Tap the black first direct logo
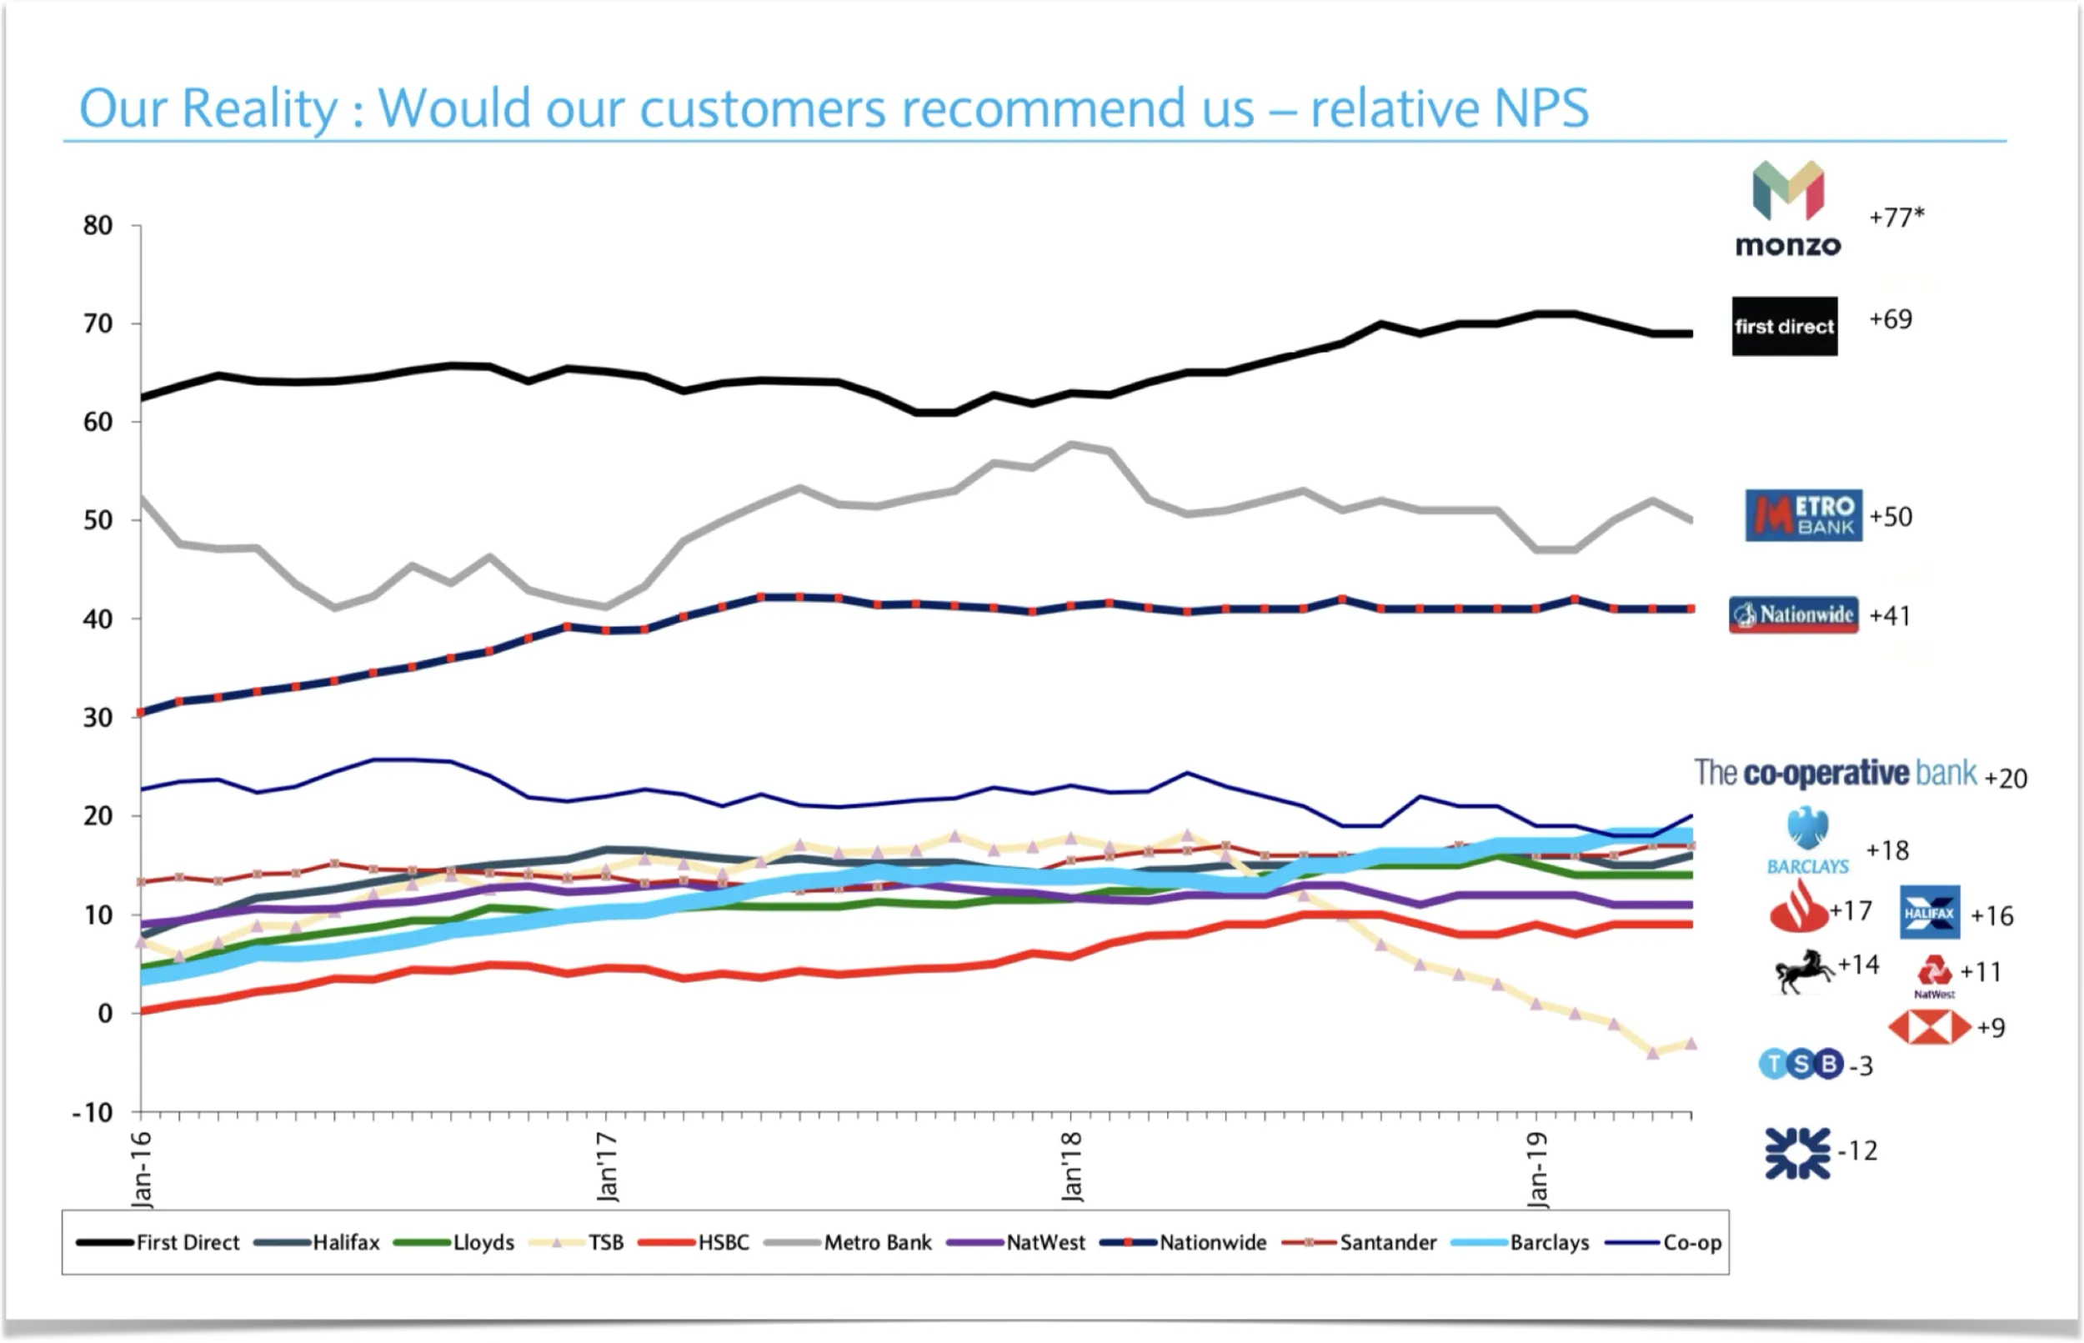tap(1784, 326)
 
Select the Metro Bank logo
tap(1803, 515)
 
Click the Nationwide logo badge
tap(1794, 615)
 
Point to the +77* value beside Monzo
tap(1896, 216)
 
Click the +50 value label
tap(1891, 516)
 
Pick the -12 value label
tap(1857, 1151)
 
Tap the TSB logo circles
tap(1801, 1064)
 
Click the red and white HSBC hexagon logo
tap(1929, 1027)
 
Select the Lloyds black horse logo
tap(1803, 970)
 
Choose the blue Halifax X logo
tap(1930, 913)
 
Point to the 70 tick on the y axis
tap(98, 323)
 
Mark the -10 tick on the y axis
tap(93, 1113)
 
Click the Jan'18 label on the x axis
tap(1073, 1166)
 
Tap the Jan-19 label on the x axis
tap(1538, 1170)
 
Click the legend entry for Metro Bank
tap(877, 1243)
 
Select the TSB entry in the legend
tap(605, 1243)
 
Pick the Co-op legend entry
tap(1691, 1243)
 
